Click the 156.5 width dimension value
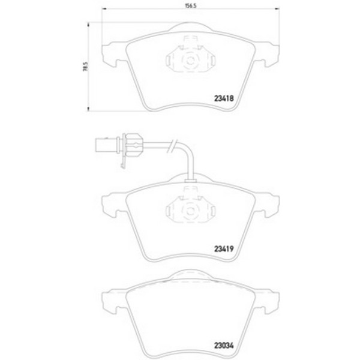click(191, 6)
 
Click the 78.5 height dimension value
click(85, 66)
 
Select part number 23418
click(224, 98)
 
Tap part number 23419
click(224, 249)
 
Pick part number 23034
click(224, 346)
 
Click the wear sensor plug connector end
click(106, 145)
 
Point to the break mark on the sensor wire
click(172, 146)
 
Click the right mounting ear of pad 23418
click(267, 55)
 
